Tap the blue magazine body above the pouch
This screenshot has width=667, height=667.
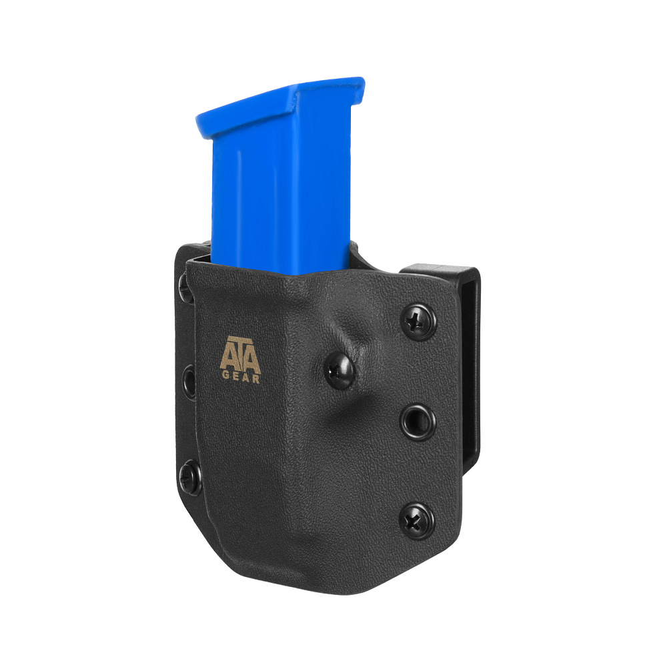[281, 195]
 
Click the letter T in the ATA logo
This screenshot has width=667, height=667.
[240, 352]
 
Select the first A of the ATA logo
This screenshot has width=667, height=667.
[227, 356]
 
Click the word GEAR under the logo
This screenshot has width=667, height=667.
[241, 377]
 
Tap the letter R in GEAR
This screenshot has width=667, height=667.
[255, 379]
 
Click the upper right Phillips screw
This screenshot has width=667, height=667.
[418, 321]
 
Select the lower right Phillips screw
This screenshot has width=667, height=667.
[416, 521]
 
